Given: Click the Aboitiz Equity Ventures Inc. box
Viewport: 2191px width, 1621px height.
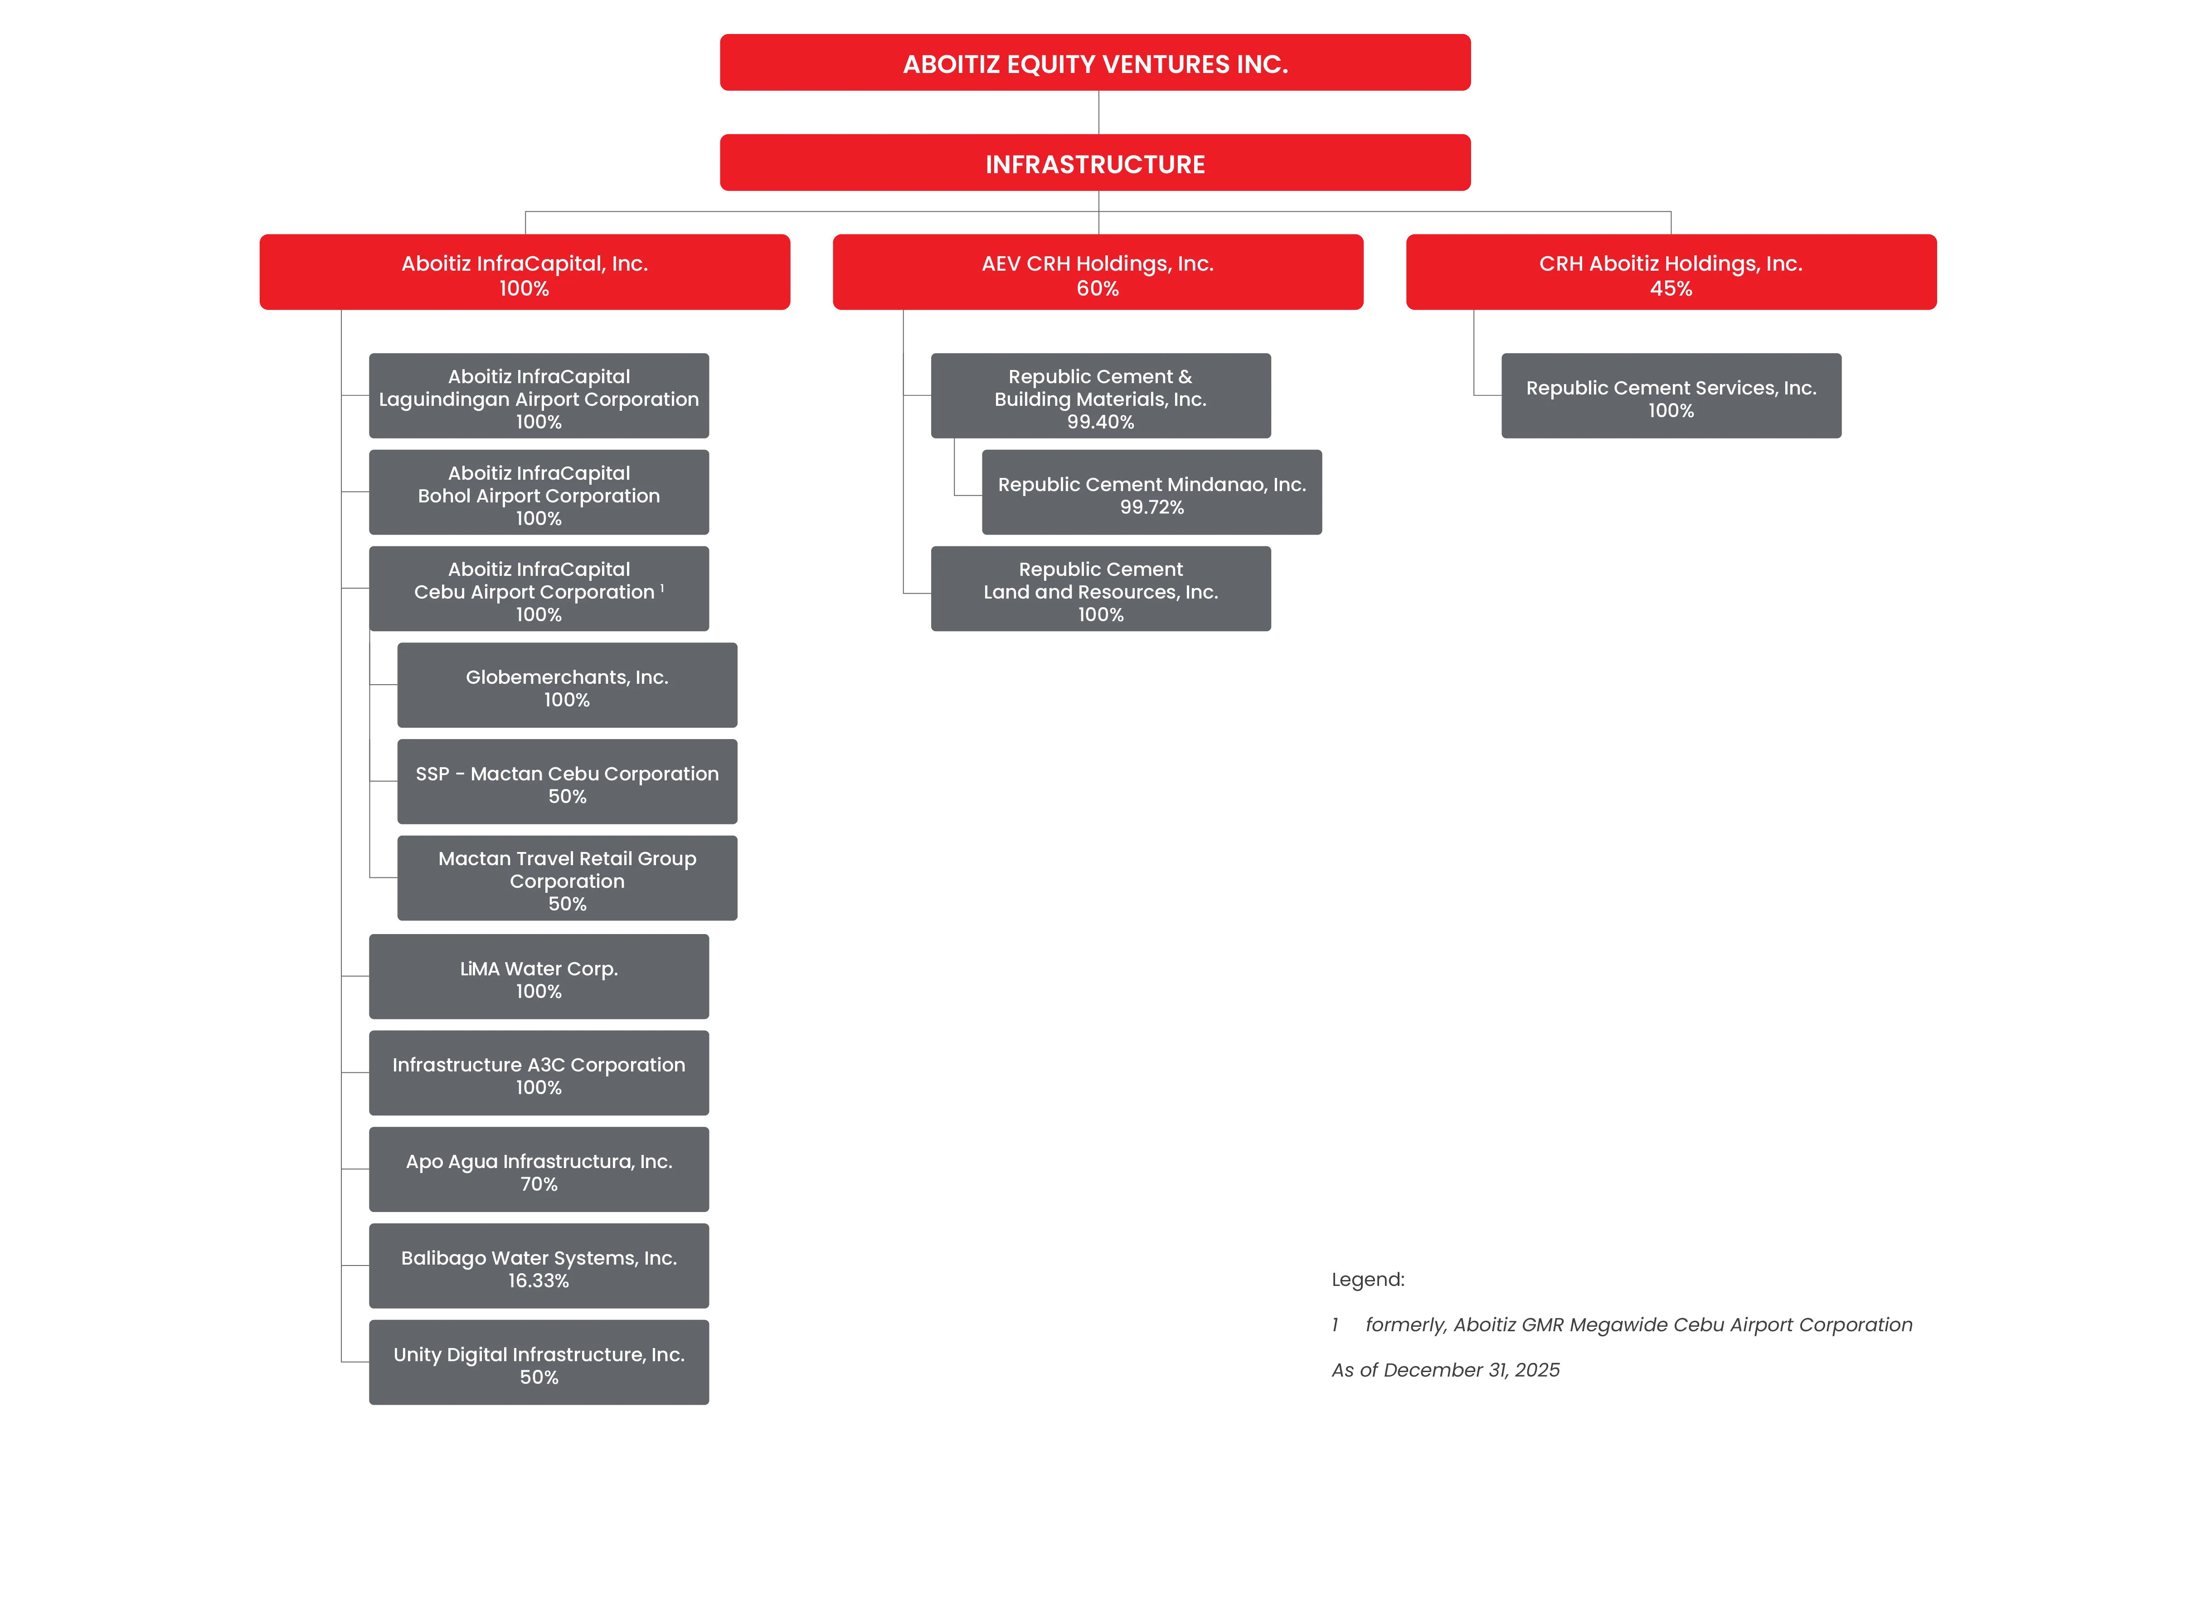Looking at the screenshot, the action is point(1095,63).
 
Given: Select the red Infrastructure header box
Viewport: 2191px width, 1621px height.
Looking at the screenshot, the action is point(1095,163).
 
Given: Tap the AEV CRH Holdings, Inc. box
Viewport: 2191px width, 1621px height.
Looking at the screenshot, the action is point(1098,272).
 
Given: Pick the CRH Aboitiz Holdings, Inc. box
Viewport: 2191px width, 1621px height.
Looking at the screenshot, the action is point(1671,272).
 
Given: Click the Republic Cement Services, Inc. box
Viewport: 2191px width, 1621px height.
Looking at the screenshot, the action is point(1671,395).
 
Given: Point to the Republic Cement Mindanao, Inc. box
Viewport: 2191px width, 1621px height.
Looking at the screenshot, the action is point(1152,492).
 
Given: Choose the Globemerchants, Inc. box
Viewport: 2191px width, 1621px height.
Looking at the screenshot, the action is point(567,685).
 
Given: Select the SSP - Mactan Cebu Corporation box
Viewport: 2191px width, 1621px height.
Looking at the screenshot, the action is point(567,782).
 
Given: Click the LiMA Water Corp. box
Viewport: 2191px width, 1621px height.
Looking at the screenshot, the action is point(539,976).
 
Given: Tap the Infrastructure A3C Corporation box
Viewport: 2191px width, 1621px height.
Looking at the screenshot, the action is point(539,1072).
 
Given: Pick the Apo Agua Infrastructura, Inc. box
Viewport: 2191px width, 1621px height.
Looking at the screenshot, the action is point(539,1170).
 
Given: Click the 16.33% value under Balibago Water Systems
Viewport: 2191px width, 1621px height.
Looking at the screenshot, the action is point(539,1280).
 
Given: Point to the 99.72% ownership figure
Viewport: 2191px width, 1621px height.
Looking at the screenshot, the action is point(1152,507).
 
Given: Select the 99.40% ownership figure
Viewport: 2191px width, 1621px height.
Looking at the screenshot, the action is point(1101,422).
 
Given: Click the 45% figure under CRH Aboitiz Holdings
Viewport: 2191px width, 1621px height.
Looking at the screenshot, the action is point(1671,288).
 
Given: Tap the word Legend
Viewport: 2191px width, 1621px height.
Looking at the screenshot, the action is point(1368,1280).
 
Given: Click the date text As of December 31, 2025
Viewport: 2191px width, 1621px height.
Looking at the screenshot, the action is point(1445,1370).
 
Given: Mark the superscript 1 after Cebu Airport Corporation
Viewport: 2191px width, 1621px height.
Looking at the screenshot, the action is point(662,588).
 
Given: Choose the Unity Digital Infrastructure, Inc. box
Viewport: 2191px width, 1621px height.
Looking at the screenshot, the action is point(539,1362).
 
